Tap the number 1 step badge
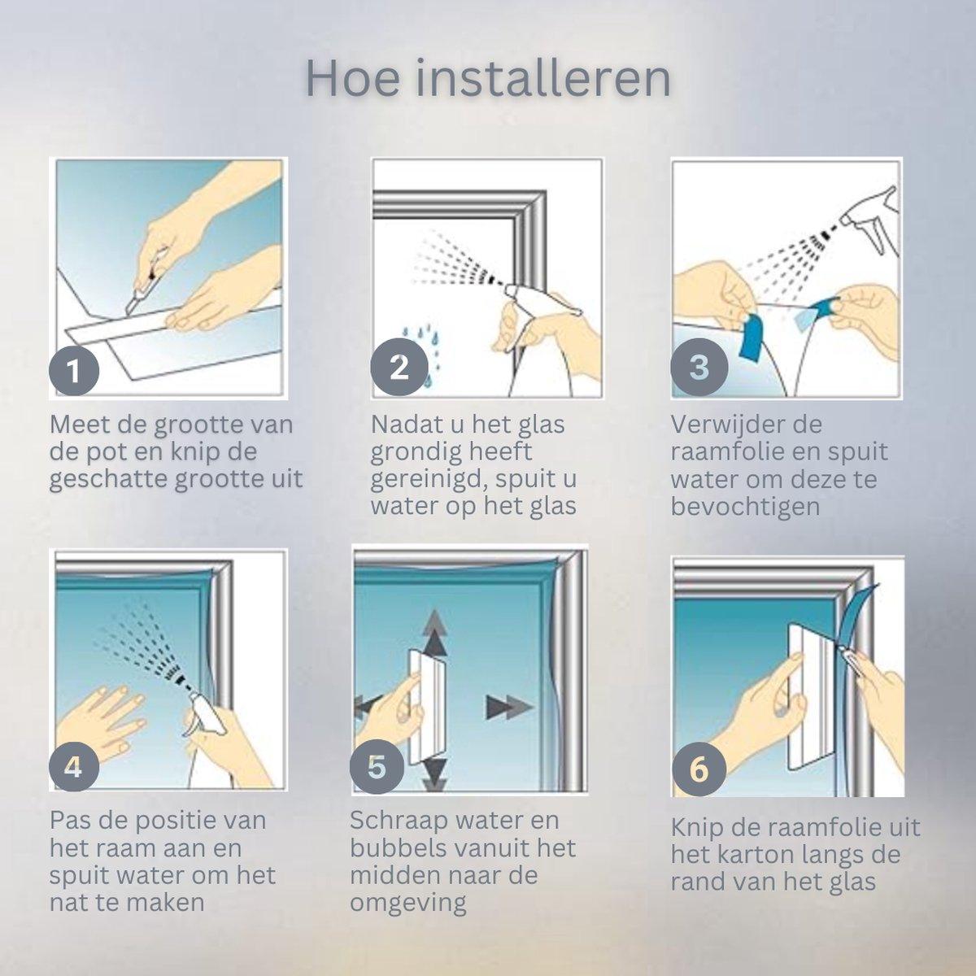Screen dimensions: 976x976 74,371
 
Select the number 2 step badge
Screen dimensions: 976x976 399,367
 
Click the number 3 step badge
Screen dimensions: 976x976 699,367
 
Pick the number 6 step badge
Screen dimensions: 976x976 699,769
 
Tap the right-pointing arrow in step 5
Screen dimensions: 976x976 509,707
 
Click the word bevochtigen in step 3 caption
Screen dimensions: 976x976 745,507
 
